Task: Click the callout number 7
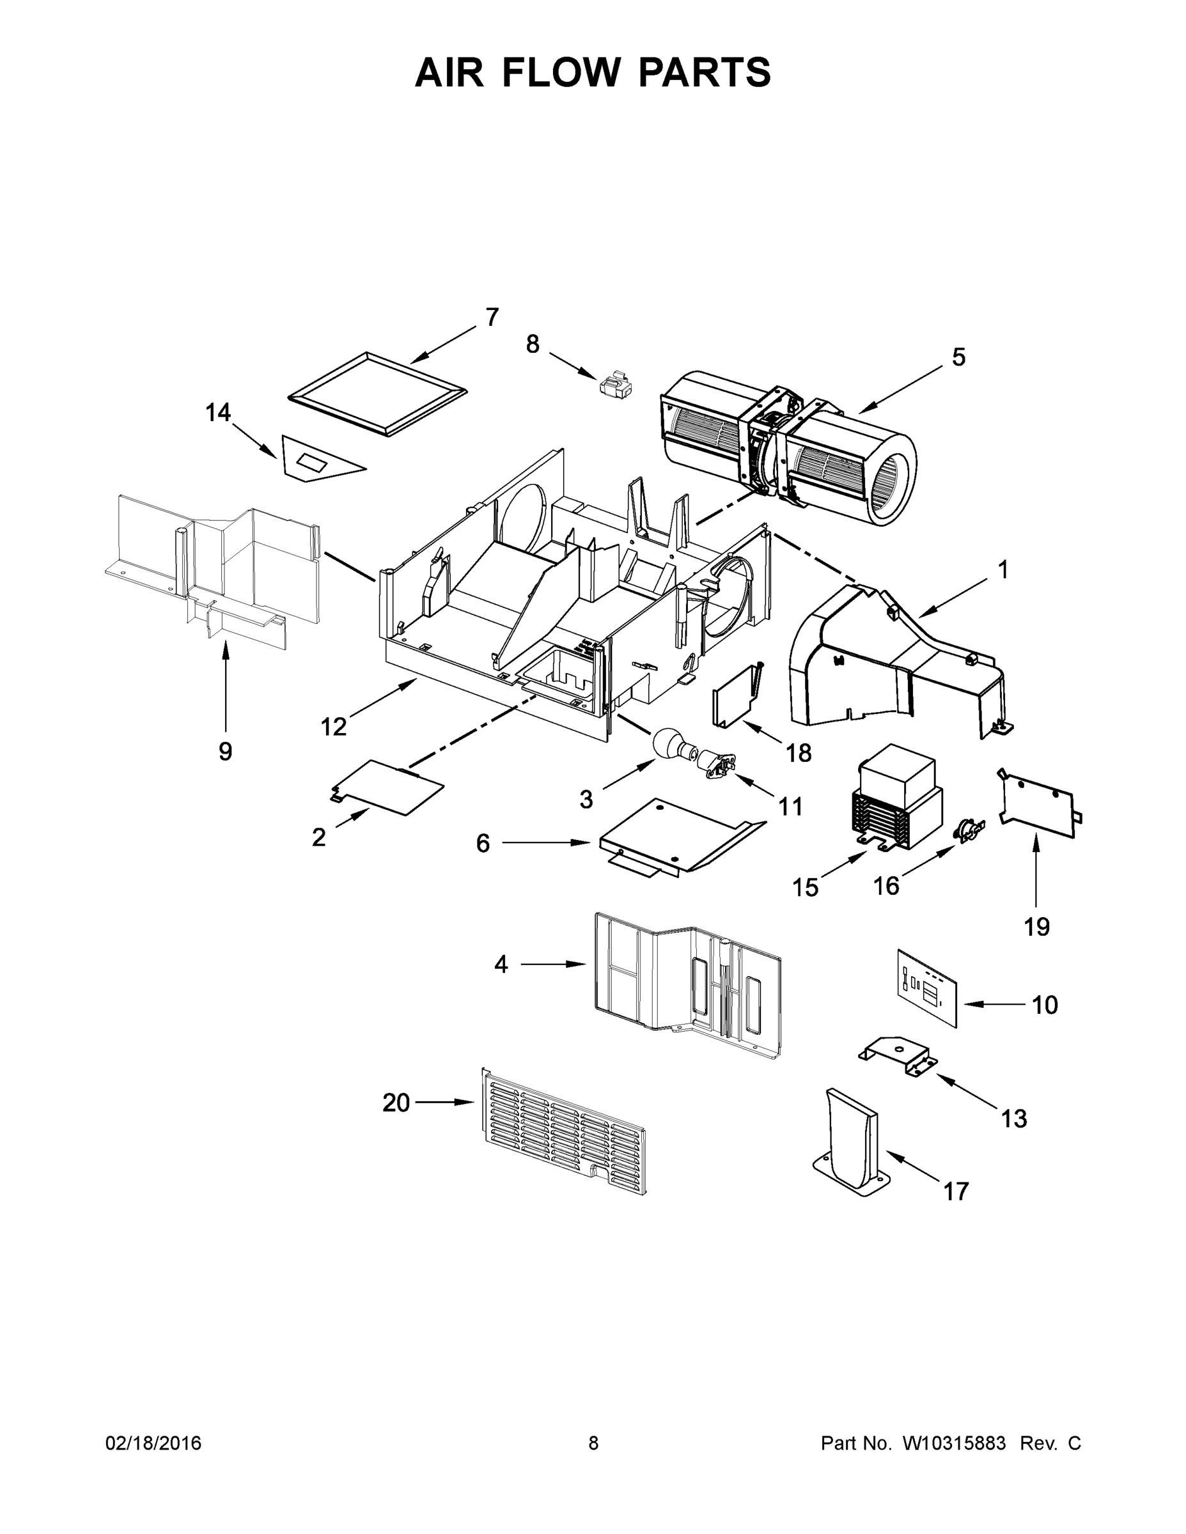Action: tap(492, 318)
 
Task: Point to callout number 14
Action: tap(218, 412)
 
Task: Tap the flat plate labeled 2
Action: tap(389, 788)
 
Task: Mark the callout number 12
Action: tap(333, 727)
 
